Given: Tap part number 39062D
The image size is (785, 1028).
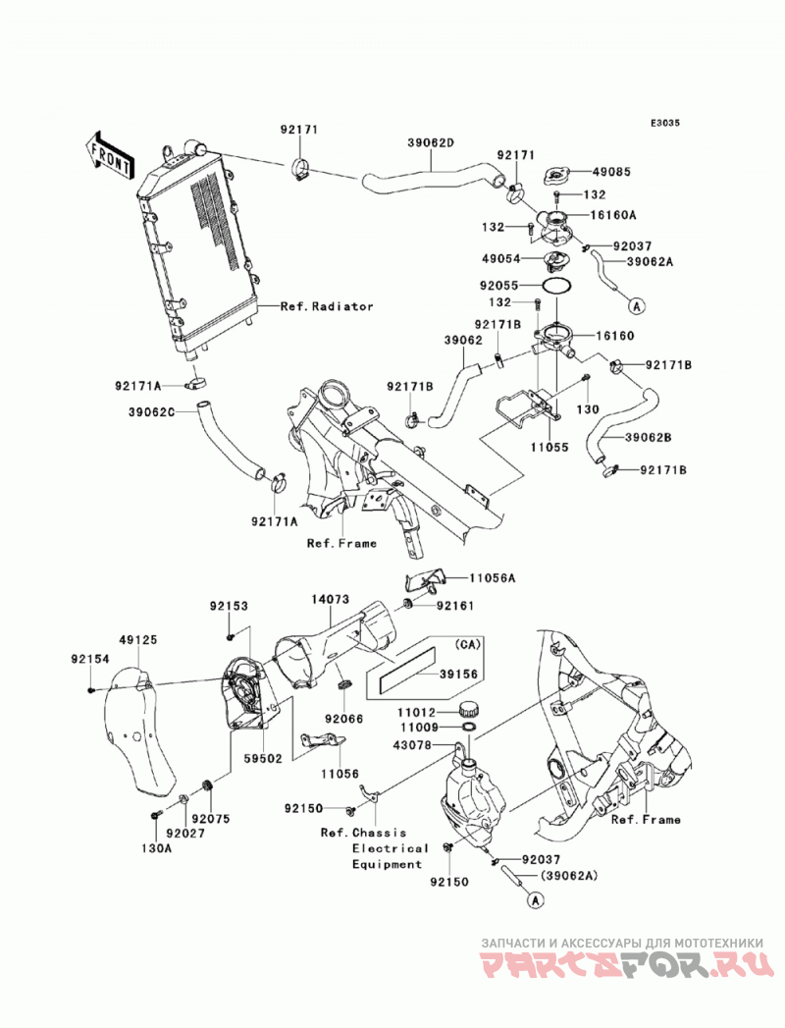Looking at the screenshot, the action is (431, 142).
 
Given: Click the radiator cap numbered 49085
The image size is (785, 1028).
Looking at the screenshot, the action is (557, 175).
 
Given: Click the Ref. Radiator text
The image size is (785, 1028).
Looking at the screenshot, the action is (327, 306).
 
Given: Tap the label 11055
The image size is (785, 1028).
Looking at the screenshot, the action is (549, 447).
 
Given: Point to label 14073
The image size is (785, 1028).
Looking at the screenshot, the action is (331, 599).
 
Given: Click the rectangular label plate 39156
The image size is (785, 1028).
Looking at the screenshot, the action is (401, 674).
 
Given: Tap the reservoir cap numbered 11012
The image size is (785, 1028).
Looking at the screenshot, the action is (468, 709).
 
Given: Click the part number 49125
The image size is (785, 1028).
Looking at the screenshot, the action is (138, 640).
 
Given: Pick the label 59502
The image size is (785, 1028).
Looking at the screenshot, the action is (263, 759).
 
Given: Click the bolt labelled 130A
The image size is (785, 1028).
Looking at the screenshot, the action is (156, 815).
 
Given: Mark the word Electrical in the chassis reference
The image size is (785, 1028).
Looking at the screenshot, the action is (390, 848).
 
